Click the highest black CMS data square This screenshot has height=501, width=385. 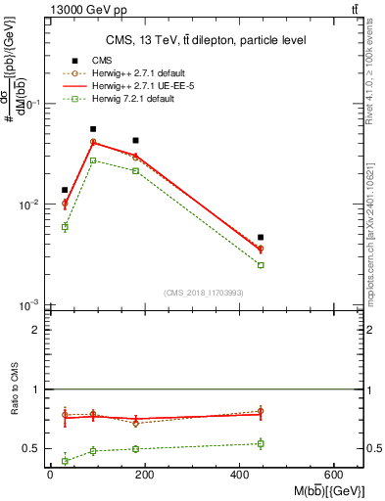(93, 129)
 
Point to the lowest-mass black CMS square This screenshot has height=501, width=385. (65, 190)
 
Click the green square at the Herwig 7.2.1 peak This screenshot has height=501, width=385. (93, 160)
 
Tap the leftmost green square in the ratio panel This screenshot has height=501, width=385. (65, 460)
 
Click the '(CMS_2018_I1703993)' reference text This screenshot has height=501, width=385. (201, 293)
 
